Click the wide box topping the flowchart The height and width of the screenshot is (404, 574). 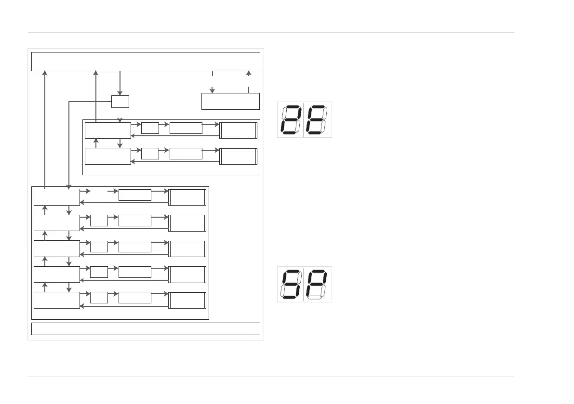coord(146,61)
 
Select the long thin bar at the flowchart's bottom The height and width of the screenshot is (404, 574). coord(146,328)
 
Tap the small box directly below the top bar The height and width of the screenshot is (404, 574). coord(120,102)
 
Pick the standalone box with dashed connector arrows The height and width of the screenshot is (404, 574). coord(230,101)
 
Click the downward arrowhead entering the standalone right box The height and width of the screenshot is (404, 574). coord(212,90)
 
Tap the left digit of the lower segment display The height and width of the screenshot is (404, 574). coord(291,284)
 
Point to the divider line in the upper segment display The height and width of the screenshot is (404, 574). coord(304,119)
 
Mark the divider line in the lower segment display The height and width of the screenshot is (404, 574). coord(304,284)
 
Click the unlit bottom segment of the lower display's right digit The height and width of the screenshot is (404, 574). coord(315,298)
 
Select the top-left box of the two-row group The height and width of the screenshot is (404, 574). coord(107,130)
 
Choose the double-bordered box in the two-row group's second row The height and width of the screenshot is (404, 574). coord(239,156)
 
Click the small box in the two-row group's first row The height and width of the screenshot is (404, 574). coord(150,128)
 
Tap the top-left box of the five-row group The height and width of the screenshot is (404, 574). coord(56,197)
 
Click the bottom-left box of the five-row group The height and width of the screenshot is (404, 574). coord(56,300)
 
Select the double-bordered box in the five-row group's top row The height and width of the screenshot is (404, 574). coord(187,197)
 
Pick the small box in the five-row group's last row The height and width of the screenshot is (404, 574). coord(99,297)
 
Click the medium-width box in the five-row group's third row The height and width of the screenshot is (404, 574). coord(134,246)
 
